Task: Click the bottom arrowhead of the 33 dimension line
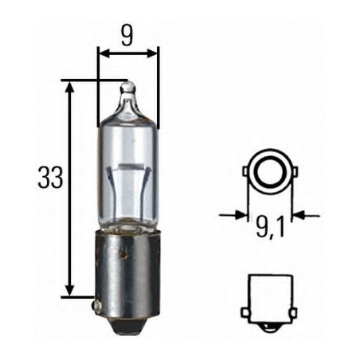click(x=71, y=292)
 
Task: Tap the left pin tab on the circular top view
click(x=245, y=169)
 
